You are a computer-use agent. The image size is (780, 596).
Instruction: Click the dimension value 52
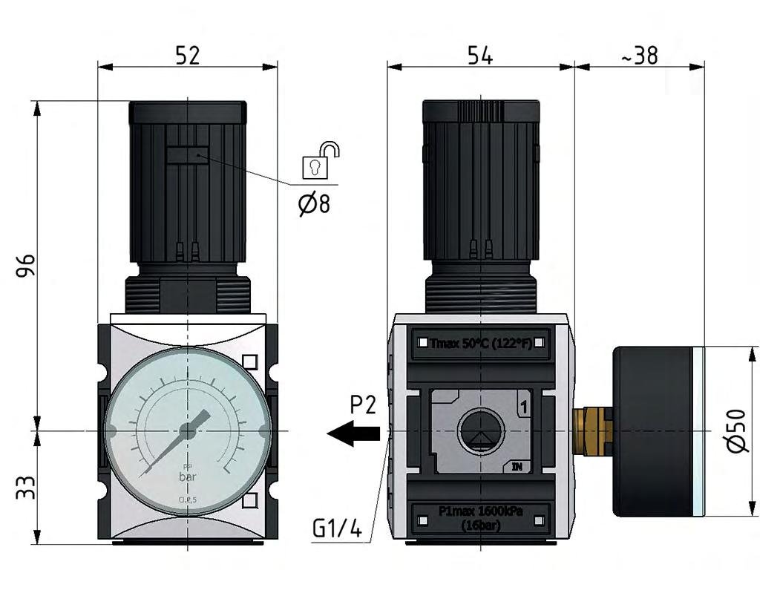[x=187, y=55]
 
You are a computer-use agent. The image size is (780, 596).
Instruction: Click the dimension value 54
[x=480, y=55]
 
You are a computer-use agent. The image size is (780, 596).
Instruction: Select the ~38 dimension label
[x=638, y=55]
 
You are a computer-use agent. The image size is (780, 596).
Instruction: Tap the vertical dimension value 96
[x=26, y=265]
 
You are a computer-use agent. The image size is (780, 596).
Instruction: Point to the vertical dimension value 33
[x=26, y=487]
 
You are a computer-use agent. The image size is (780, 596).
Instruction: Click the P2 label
[x=364, y=405]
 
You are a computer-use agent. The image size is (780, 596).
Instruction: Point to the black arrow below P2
[x=353, y=433]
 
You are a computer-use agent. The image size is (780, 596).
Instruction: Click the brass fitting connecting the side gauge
[x=593, y=430]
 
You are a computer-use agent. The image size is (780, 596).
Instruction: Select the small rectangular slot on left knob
[x=186, y=155]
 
